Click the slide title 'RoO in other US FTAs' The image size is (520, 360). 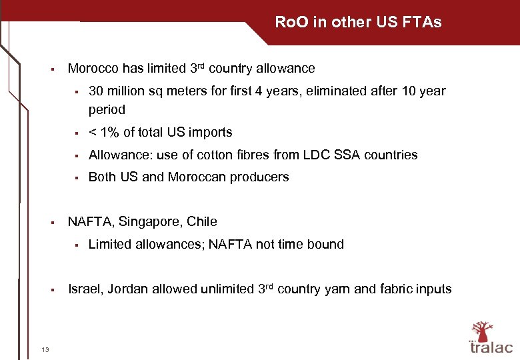tap(358, 23)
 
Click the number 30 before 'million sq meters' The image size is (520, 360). tap(95, 91)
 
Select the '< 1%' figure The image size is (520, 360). tap(102, 133)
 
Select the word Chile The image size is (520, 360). tap(202, 222)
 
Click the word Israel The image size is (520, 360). tap(83, 289)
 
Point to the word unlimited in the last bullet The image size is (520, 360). tap(224, 289)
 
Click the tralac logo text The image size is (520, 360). tap(491, 347)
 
